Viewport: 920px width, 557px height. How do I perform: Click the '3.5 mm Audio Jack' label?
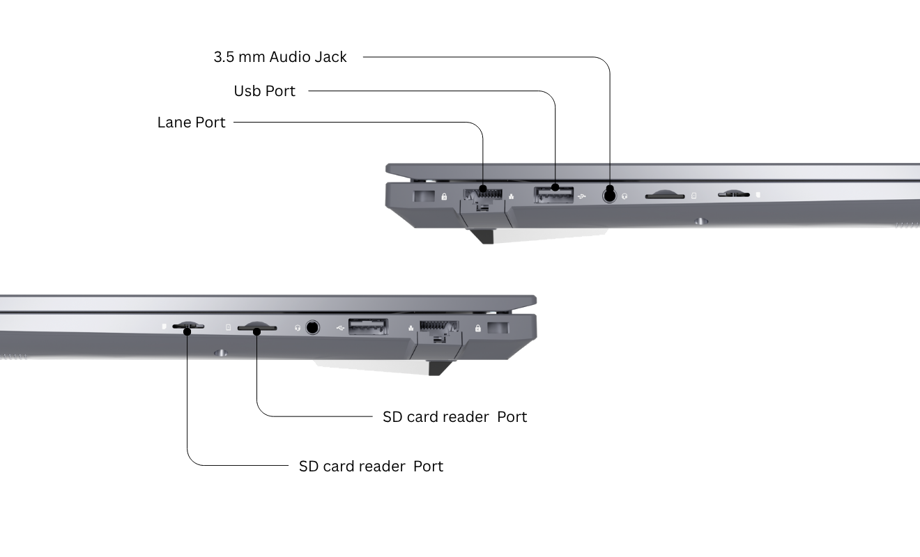[x=280, y=57]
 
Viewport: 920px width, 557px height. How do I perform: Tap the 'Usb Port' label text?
[x=265, y=91]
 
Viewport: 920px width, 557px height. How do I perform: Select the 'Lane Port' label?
[x=192, y=123]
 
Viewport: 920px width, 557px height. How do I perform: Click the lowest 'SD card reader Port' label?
[x=371, y=466]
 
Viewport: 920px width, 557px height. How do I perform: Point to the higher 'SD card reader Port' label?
[x=454, y=417]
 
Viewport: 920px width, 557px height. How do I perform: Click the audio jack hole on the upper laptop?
[x=610, y=195]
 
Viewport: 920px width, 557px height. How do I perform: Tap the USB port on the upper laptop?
[x=554, y=195]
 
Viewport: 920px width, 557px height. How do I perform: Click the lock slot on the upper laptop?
[x=423, y=196]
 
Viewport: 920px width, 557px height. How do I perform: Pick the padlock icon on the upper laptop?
[x=444, y=197]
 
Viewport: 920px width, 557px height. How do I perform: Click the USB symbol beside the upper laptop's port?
[x=583, y=196]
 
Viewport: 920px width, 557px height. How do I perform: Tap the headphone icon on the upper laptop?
[x=625, y=196]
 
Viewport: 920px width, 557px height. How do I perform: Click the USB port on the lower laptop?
[x=367, y=326]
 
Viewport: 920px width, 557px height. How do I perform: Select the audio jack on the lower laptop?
[x=312, y=326]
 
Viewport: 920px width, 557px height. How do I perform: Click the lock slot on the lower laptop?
[x=498, y=328]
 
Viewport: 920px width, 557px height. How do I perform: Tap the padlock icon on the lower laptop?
[x=477, y=328]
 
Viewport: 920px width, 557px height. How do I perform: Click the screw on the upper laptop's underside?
[x=700, y=221]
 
